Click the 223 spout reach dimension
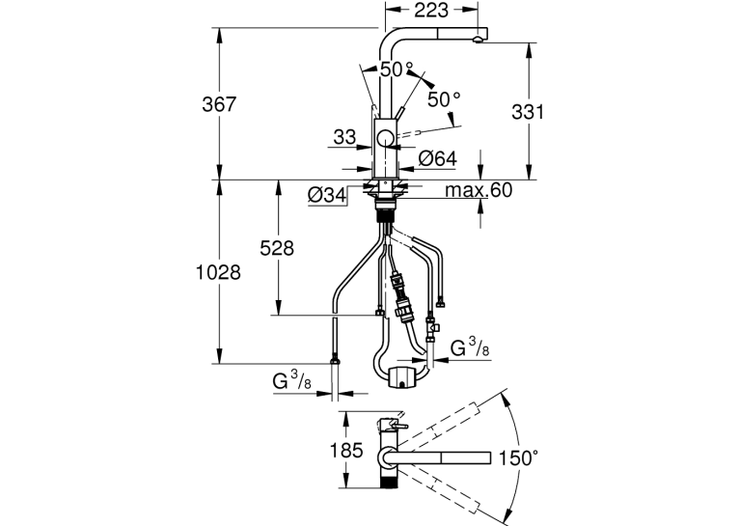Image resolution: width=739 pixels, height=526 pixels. (431, 10)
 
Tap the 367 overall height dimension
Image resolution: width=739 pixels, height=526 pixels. (219, 104)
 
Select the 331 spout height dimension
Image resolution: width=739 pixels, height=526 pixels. (528, 112)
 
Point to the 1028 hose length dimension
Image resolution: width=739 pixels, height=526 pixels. (218, 272)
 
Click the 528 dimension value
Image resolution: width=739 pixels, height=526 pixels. (277, 248)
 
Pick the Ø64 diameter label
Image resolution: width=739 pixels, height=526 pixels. (438, 158)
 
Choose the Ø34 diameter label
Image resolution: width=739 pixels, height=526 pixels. (327, 195)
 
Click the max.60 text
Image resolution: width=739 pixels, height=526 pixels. (479, 190)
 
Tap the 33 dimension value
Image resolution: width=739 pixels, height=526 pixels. (344, 137)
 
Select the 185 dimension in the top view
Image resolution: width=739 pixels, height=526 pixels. (346, 451)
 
